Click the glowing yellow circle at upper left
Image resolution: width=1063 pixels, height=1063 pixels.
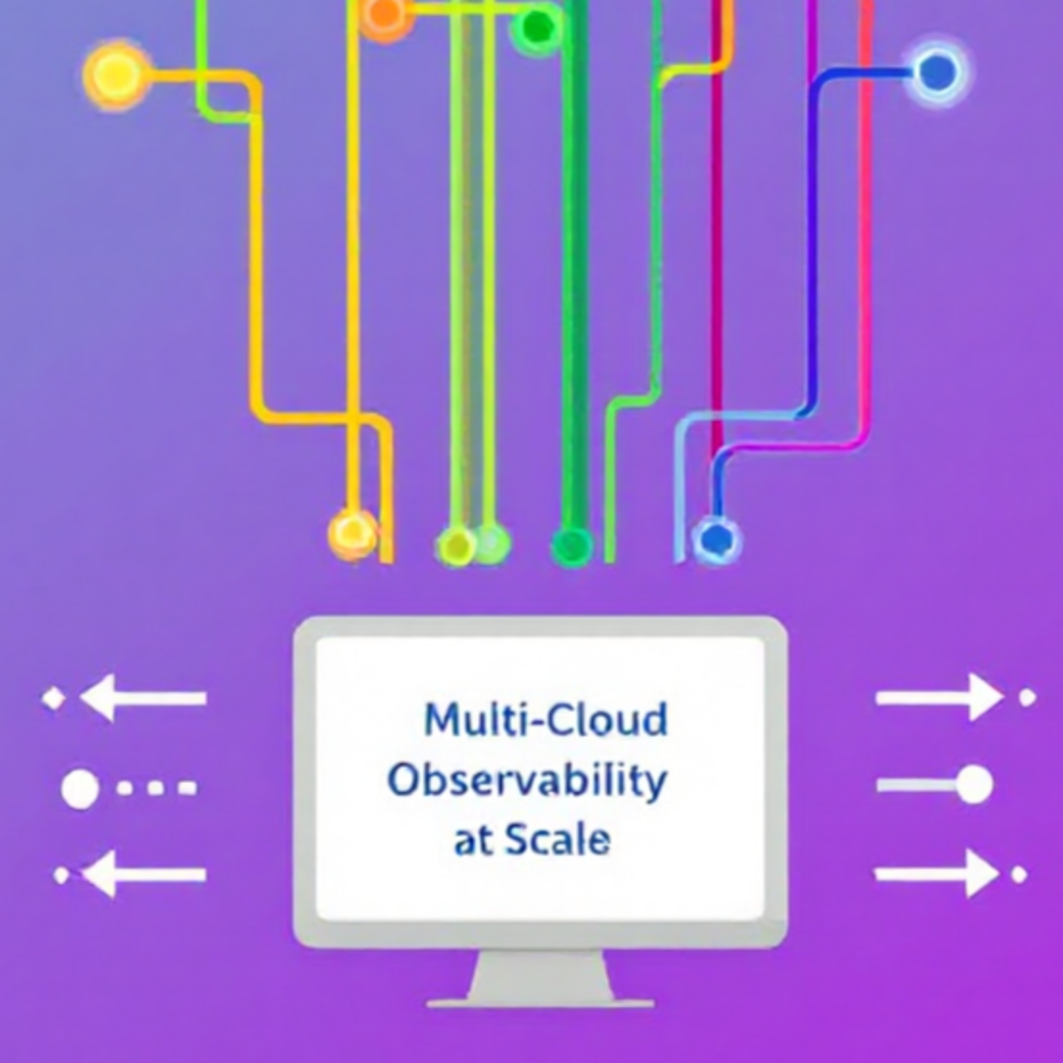(x=116, y=75)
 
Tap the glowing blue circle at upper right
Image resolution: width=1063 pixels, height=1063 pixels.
(x=937, y=72)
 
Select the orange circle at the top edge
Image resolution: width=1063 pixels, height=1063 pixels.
(x=385, y=15)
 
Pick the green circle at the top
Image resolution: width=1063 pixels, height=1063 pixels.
(x=536, y=28)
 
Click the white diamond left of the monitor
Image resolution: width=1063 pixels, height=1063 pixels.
(x=54, y=698)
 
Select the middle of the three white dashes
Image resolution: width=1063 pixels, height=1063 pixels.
(x=156, y=788)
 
